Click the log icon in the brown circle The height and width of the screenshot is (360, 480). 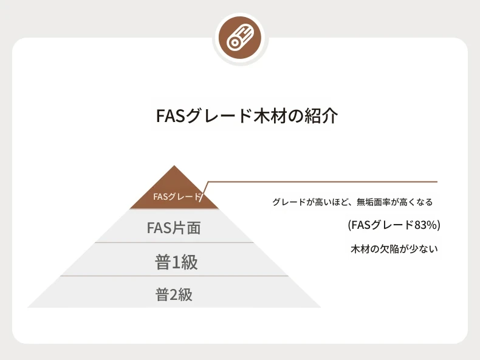(241, 38)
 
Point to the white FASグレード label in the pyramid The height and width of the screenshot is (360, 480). (177, 196)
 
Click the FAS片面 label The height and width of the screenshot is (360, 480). (174, 228)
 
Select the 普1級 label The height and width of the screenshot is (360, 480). (176, 262)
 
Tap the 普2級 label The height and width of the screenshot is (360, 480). (174, 295)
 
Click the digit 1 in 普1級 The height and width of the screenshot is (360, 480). (176, 263)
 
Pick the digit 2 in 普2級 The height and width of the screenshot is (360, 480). (174, 295)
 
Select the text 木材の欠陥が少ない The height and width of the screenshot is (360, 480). (394, 249)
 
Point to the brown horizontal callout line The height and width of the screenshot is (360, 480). (323, 182)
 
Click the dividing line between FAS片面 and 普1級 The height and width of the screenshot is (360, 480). (174, 243)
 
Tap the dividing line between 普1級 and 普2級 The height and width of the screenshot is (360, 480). (174, 276)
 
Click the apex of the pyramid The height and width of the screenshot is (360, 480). (174, 166)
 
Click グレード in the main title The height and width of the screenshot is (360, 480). (219, 116)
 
